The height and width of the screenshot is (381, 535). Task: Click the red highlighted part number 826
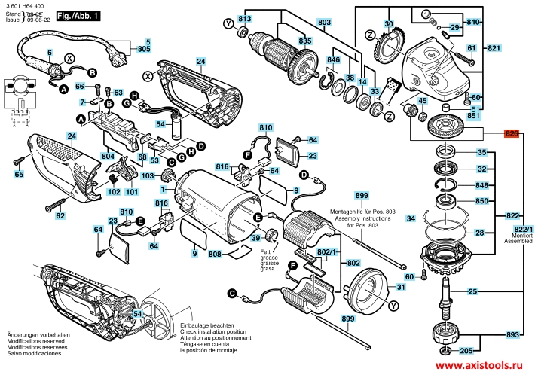click(x=512, y=133)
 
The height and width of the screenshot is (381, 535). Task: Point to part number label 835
click(x=304, y=41)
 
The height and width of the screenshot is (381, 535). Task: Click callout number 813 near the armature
click(x=244, y=18)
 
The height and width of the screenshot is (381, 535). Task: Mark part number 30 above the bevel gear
click(x=389, y=25)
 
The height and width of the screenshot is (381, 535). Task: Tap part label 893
click(x=512, y=334)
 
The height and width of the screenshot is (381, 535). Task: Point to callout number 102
click(x=114, y=192)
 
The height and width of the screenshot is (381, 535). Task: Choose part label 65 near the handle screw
click(x=20, y=175)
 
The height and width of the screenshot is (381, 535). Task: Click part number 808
click(x=215, y=255)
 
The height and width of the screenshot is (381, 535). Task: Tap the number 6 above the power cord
click(x=50, y=52)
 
